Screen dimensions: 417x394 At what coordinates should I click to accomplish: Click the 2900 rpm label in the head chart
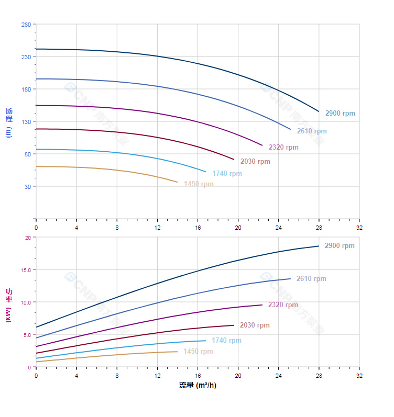click(340, 114)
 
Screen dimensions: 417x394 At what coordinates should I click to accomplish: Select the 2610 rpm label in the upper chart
click(311, 131)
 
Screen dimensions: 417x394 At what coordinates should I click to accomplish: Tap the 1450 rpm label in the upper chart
click(199, 184)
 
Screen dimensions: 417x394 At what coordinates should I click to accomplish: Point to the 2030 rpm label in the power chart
click(255, 325)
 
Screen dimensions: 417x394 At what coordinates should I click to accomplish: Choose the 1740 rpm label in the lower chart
click(226, 341)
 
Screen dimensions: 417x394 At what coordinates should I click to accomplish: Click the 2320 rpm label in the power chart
click(283, 305)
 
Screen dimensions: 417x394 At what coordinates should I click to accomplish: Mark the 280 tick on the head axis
click(26, 25)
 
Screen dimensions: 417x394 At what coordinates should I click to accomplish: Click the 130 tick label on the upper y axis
click(26, 121)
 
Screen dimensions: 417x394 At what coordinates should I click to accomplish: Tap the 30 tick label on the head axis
click(27, 186)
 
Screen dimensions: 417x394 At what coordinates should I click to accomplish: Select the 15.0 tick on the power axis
click(26, 269)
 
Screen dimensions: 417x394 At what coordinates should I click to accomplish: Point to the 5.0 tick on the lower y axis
click(27, 334)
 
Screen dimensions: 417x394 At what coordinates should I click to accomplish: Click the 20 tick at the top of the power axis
click(28, 238)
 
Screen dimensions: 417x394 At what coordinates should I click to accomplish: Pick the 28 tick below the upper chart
click(319, 228)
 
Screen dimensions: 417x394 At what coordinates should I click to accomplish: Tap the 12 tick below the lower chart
click(157, 376)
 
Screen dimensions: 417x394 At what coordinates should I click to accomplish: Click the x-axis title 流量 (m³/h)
click(198, 386)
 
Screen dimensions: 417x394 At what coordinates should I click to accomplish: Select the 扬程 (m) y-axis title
click(8, 121)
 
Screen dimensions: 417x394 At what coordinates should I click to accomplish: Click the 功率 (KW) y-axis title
click(8, 305)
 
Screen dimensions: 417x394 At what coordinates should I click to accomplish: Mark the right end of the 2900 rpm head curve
click(319, 111)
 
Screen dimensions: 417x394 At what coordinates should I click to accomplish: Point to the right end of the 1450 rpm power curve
click(177, 352)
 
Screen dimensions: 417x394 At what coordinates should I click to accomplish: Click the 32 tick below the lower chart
click(359, 376)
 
